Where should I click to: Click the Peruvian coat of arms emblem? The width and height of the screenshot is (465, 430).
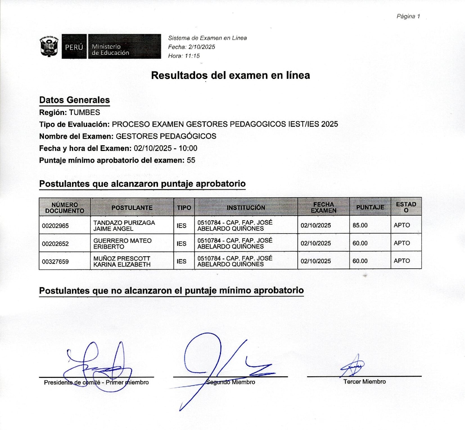(x=49, y=46)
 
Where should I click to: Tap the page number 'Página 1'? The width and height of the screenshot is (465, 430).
(x=408, y=16)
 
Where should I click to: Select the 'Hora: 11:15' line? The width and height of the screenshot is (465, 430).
(x=184, y=56)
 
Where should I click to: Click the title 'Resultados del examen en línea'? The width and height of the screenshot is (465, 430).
(x=230, y=75)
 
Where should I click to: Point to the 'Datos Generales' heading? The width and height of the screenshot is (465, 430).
(x=75, y=100)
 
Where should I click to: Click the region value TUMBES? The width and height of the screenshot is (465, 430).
(x=84, y=112)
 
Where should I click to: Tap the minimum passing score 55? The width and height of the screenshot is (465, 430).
(x=191, y=160)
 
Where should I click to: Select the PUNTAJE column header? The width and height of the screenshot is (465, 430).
(x=370, y=207)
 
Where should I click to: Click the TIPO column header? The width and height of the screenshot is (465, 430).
(x=184, y=208)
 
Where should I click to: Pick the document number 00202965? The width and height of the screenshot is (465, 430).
(x=55, y=226)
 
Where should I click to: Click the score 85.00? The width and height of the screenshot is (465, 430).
(x=360, y=225)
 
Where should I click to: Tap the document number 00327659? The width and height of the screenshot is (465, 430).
(x=55, y=262)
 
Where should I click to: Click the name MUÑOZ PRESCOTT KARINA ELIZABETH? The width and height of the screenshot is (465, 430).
(x=122, y=261)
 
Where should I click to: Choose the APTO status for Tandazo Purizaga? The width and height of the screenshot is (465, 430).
(x=402, y=225)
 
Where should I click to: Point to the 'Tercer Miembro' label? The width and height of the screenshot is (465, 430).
(x=364, y=382)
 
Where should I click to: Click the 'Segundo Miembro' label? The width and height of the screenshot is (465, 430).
(x=231, y=382)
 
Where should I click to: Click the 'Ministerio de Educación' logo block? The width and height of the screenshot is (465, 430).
(x=124, y=47)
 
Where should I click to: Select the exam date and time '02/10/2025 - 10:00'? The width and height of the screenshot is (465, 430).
(x=165, y=148)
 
